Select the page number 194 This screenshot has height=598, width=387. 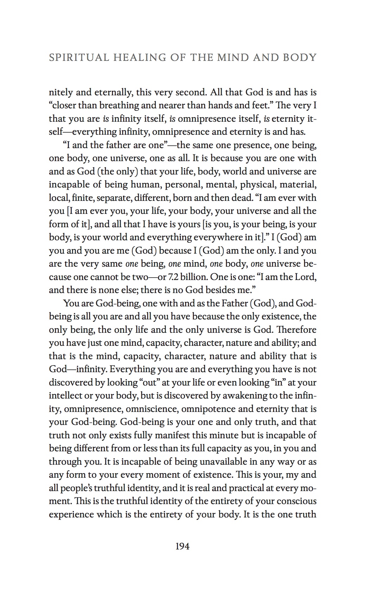pos(182,546)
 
